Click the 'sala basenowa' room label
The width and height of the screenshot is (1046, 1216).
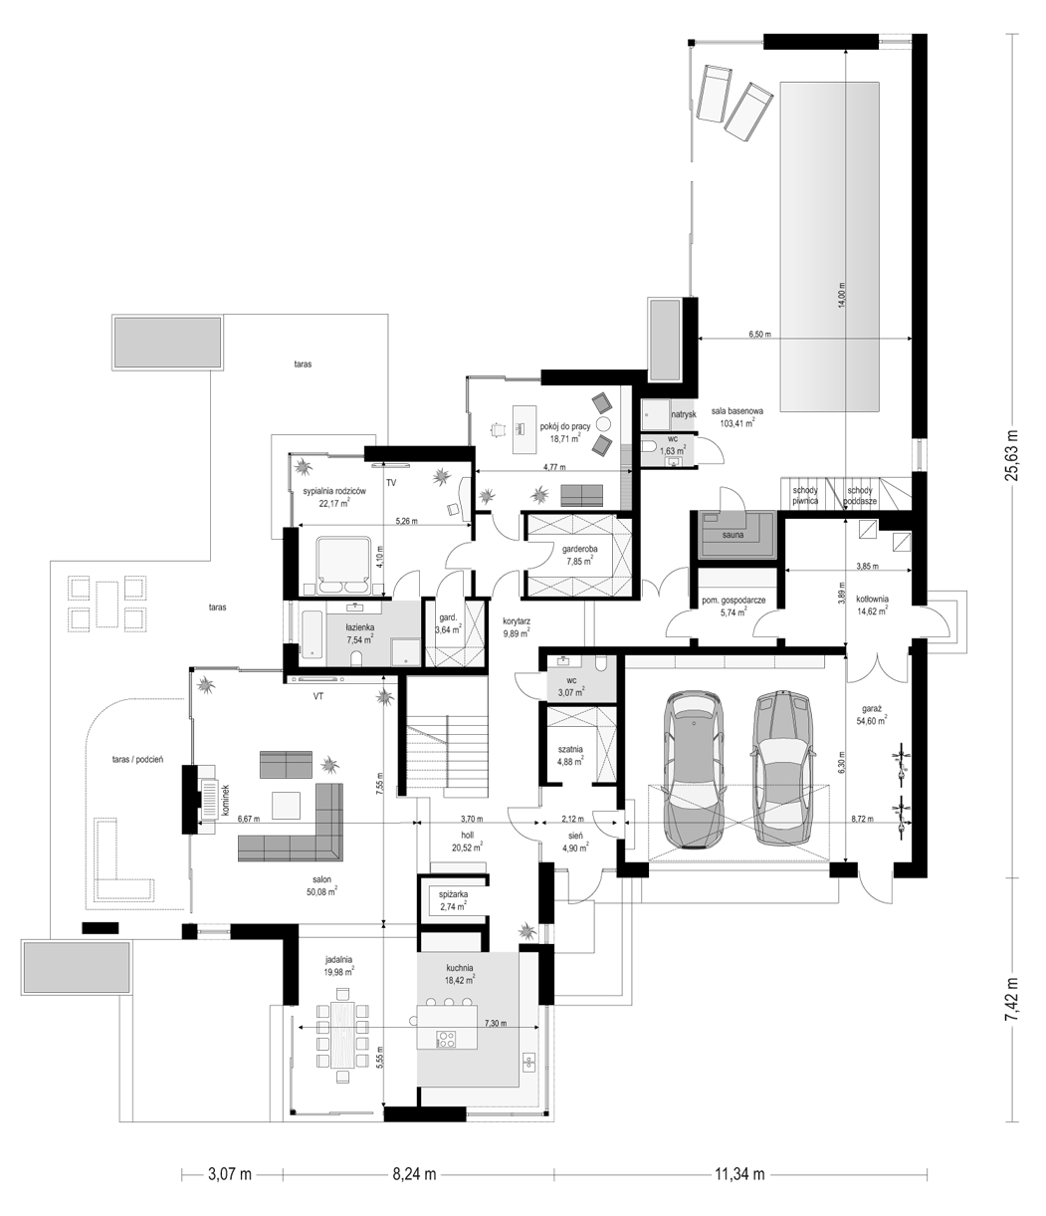click(x=736, y=411)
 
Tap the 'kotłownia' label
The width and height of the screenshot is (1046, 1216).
click(x=872, y=599)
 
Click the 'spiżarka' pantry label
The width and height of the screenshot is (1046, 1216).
click(x=453, y=894)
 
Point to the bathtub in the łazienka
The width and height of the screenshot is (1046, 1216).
click(x=312, y=634)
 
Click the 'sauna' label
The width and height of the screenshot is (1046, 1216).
click(x=733, y=535)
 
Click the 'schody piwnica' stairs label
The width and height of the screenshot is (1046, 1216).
click(x=805, y=495)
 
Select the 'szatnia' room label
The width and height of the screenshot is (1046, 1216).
click(x=570, y=749)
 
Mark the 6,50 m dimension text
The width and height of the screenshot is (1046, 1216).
click(x=759, y=334)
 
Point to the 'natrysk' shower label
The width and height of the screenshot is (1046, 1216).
click(x=684, y=414)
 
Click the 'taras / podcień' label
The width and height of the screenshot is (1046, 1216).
click(x=137, y=759)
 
